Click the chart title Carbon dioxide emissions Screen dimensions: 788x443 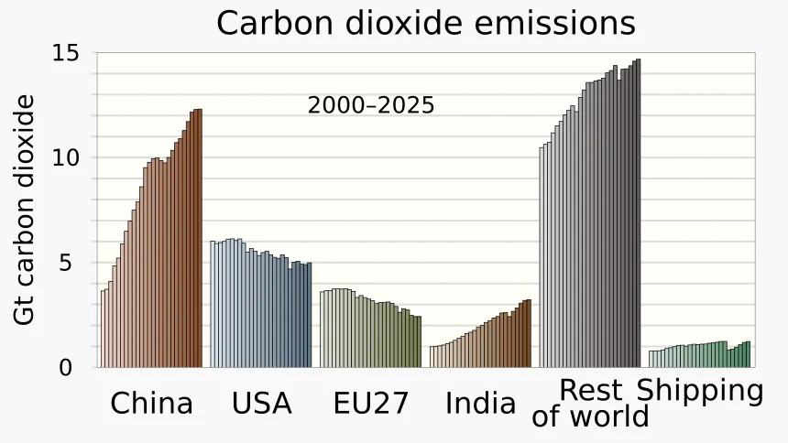(426, 23)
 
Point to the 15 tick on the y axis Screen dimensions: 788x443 (66, 53)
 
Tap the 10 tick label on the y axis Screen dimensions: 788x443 (66, 157)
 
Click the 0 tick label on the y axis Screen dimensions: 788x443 (66, 368)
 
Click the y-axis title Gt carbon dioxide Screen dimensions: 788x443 (24, 210)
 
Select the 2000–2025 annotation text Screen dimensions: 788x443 (371, 105)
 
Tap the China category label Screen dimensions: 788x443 (151, 404)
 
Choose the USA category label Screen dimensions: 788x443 (261, 404)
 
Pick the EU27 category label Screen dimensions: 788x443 (371, 404)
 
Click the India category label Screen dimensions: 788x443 (480, 404)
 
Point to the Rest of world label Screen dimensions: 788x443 (590, 404)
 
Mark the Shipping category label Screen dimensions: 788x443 (700, 391)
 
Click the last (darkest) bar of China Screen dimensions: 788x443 (200, 238)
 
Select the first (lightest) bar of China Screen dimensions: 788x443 (103, 329)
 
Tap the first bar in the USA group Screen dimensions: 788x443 (212, 305)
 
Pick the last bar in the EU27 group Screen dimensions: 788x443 (419, 341)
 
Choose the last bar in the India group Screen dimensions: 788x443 (529, 333)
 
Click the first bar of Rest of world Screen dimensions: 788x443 (542, 257)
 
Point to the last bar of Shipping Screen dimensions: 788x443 (748, 354)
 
